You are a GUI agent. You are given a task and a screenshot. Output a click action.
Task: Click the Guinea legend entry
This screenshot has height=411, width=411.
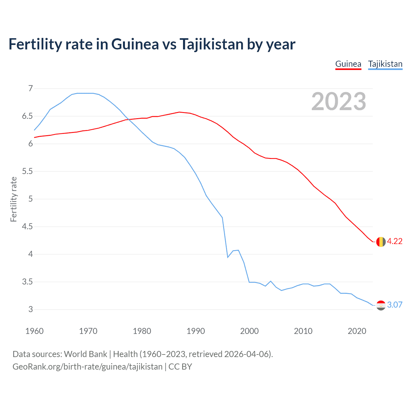coord(348,64)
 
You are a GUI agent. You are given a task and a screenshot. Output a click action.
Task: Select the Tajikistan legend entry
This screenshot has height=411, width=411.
coord(385,64)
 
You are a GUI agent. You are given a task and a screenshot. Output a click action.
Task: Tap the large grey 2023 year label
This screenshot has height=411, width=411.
coord(339,101)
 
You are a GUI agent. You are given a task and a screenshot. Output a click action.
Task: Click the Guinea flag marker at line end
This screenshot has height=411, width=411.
coord(381,242)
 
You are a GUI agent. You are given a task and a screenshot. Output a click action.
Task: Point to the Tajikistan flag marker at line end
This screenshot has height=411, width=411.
coord(381,305)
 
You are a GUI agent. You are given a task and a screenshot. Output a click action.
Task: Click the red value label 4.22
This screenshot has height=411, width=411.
coord(395,241)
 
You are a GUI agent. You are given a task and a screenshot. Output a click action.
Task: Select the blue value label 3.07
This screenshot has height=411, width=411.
coord(395,305)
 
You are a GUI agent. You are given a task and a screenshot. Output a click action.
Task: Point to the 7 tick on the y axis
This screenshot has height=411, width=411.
coord(31,88)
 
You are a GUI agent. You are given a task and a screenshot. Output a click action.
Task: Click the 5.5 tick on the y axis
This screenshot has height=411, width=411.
coord(28,171)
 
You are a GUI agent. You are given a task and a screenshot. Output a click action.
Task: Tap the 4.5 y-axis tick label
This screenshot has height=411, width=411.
coord(28,227)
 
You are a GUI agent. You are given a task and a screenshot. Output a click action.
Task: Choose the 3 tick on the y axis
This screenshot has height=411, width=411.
coord(31,310)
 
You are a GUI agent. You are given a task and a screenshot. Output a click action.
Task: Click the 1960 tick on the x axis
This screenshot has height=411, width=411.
coord(34,331)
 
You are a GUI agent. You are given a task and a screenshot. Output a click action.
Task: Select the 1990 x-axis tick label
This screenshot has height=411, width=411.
coord(196,331)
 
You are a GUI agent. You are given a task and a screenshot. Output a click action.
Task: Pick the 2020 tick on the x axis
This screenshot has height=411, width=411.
coord(357,331)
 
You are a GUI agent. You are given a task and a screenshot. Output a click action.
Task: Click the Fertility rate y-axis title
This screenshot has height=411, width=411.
coord(13,199)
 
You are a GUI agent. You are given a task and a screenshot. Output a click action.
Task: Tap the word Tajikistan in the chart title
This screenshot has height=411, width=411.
coord(211,44)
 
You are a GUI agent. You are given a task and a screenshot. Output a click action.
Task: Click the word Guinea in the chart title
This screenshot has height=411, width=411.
coord(135,44)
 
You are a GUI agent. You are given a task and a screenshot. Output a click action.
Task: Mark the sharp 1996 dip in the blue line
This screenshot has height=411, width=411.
coord(228,257)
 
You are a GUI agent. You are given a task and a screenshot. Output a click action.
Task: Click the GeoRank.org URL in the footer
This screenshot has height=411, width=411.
coord(87,367)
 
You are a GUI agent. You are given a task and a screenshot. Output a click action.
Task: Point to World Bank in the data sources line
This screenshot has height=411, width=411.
coord(85,354)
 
